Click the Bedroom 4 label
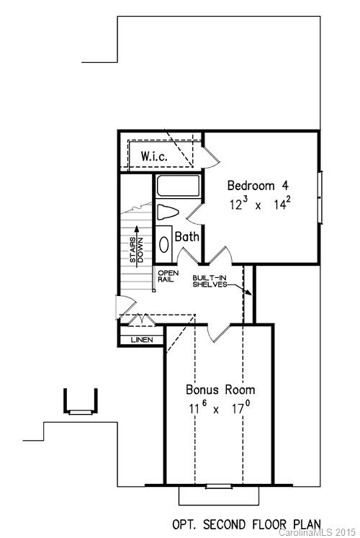pyautogui.click(x=257, y=182)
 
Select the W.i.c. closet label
pyautogui.click(x=155, y=156)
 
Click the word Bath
pyautogui.click(x=186, y=236)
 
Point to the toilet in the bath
pyautogui.click(x=166, y=213)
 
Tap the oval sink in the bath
pyautogui.click(x=163, y=243)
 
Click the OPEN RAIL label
pyautogui.click(x=167, y=277)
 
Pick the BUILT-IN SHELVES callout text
pyautogui.click(x=210, y=280)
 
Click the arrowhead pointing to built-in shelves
pyautogui.click(x=248, y=293)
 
